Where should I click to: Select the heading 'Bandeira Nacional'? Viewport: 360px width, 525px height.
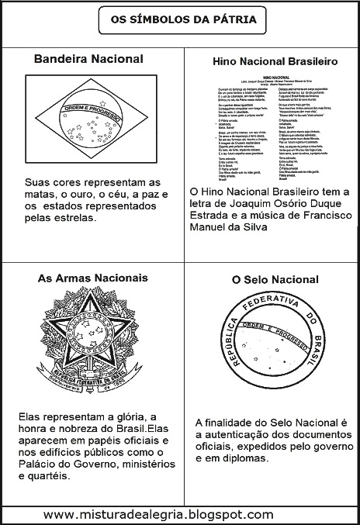[89, 59]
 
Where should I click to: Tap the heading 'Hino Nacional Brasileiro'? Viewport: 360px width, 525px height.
[268, 60]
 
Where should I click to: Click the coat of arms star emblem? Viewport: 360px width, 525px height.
[88, 340]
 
